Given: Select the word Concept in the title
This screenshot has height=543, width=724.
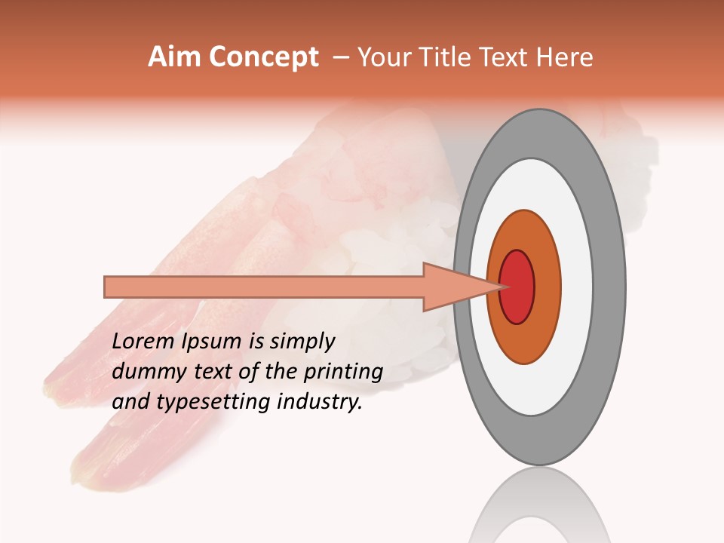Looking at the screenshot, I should click(264, 57).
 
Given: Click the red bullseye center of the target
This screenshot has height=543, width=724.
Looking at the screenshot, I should click(517, 287).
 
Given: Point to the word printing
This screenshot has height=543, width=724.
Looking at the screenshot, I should click(342, 373).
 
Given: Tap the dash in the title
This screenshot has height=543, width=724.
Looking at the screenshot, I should click(340, 57).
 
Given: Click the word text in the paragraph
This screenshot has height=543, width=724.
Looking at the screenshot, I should click(215, 373).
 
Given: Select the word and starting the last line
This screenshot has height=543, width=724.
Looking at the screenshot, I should click(130, 402).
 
